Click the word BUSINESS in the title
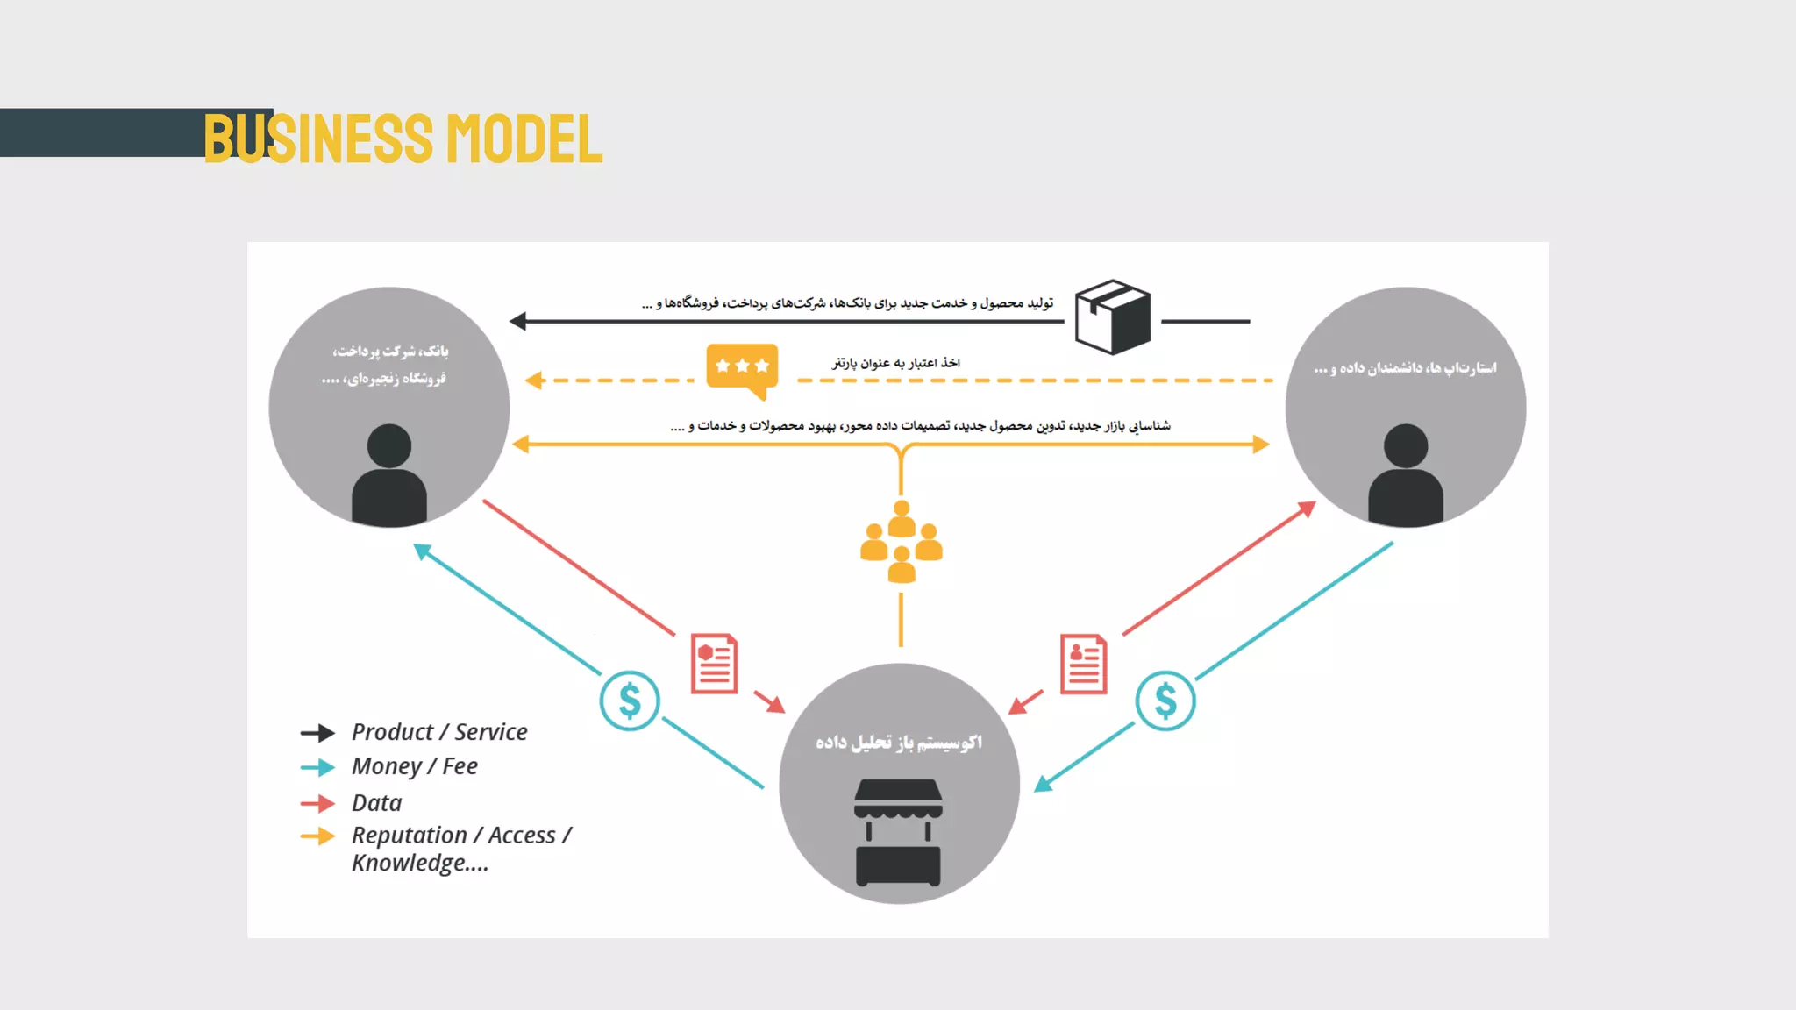point(318,139)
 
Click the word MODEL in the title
point(524,139)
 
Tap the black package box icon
point(1113,317)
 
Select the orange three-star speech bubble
point(742,367)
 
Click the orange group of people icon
point(902,542)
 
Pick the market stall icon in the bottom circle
point(898,832)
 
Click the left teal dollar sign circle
point(630,701)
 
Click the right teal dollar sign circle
point(1165,701)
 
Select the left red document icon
point(714,664)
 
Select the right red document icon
point(1084,664)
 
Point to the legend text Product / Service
point(439,732)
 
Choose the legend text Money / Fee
point(415,766)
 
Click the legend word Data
point(377,803)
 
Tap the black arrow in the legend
point(317,733)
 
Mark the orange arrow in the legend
point(317,836)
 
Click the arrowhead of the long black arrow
point(517,322)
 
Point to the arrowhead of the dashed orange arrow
point(533,381)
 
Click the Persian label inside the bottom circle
point(899,743)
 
